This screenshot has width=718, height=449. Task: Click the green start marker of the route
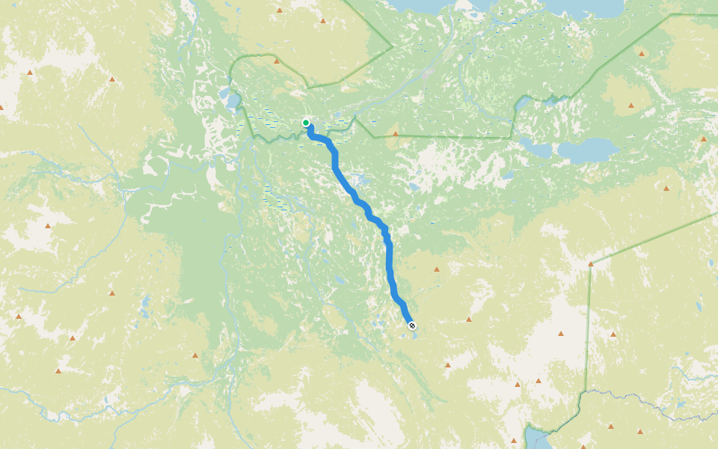(306, 122)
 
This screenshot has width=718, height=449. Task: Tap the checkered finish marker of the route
(411, 324)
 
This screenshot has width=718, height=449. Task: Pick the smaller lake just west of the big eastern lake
(539, 147)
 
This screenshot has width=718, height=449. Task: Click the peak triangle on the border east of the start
(396, 134)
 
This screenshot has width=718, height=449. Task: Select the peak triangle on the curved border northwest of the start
(277, 63)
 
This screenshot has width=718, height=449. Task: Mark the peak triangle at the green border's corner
(591, 263)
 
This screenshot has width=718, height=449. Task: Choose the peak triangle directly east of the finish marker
(469, 320)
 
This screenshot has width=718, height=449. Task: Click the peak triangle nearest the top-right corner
(641, 53)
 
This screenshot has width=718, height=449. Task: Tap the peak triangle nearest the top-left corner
(30, 72)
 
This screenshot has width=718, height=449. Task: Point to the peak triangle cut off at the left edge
(1, 107)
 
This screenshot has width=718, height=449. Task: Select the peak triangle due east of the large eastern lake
(703, 138)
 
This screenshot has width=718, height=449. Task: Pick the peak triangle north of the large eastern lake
(630, 106)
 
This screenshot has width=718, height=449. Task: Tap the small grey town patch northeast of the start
(428, 73)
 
